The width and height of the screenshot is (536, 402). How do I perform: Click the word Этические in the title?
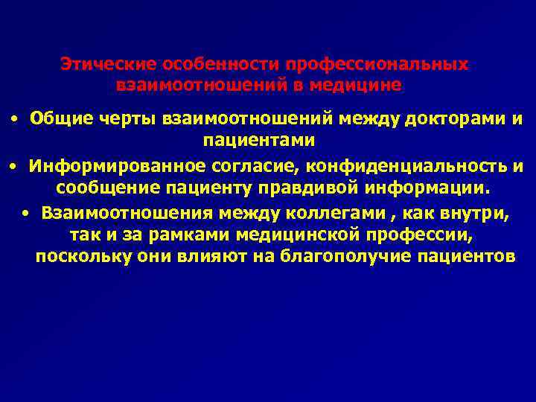97,65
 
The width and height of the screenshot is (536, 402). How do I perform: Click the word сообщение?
104,185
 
